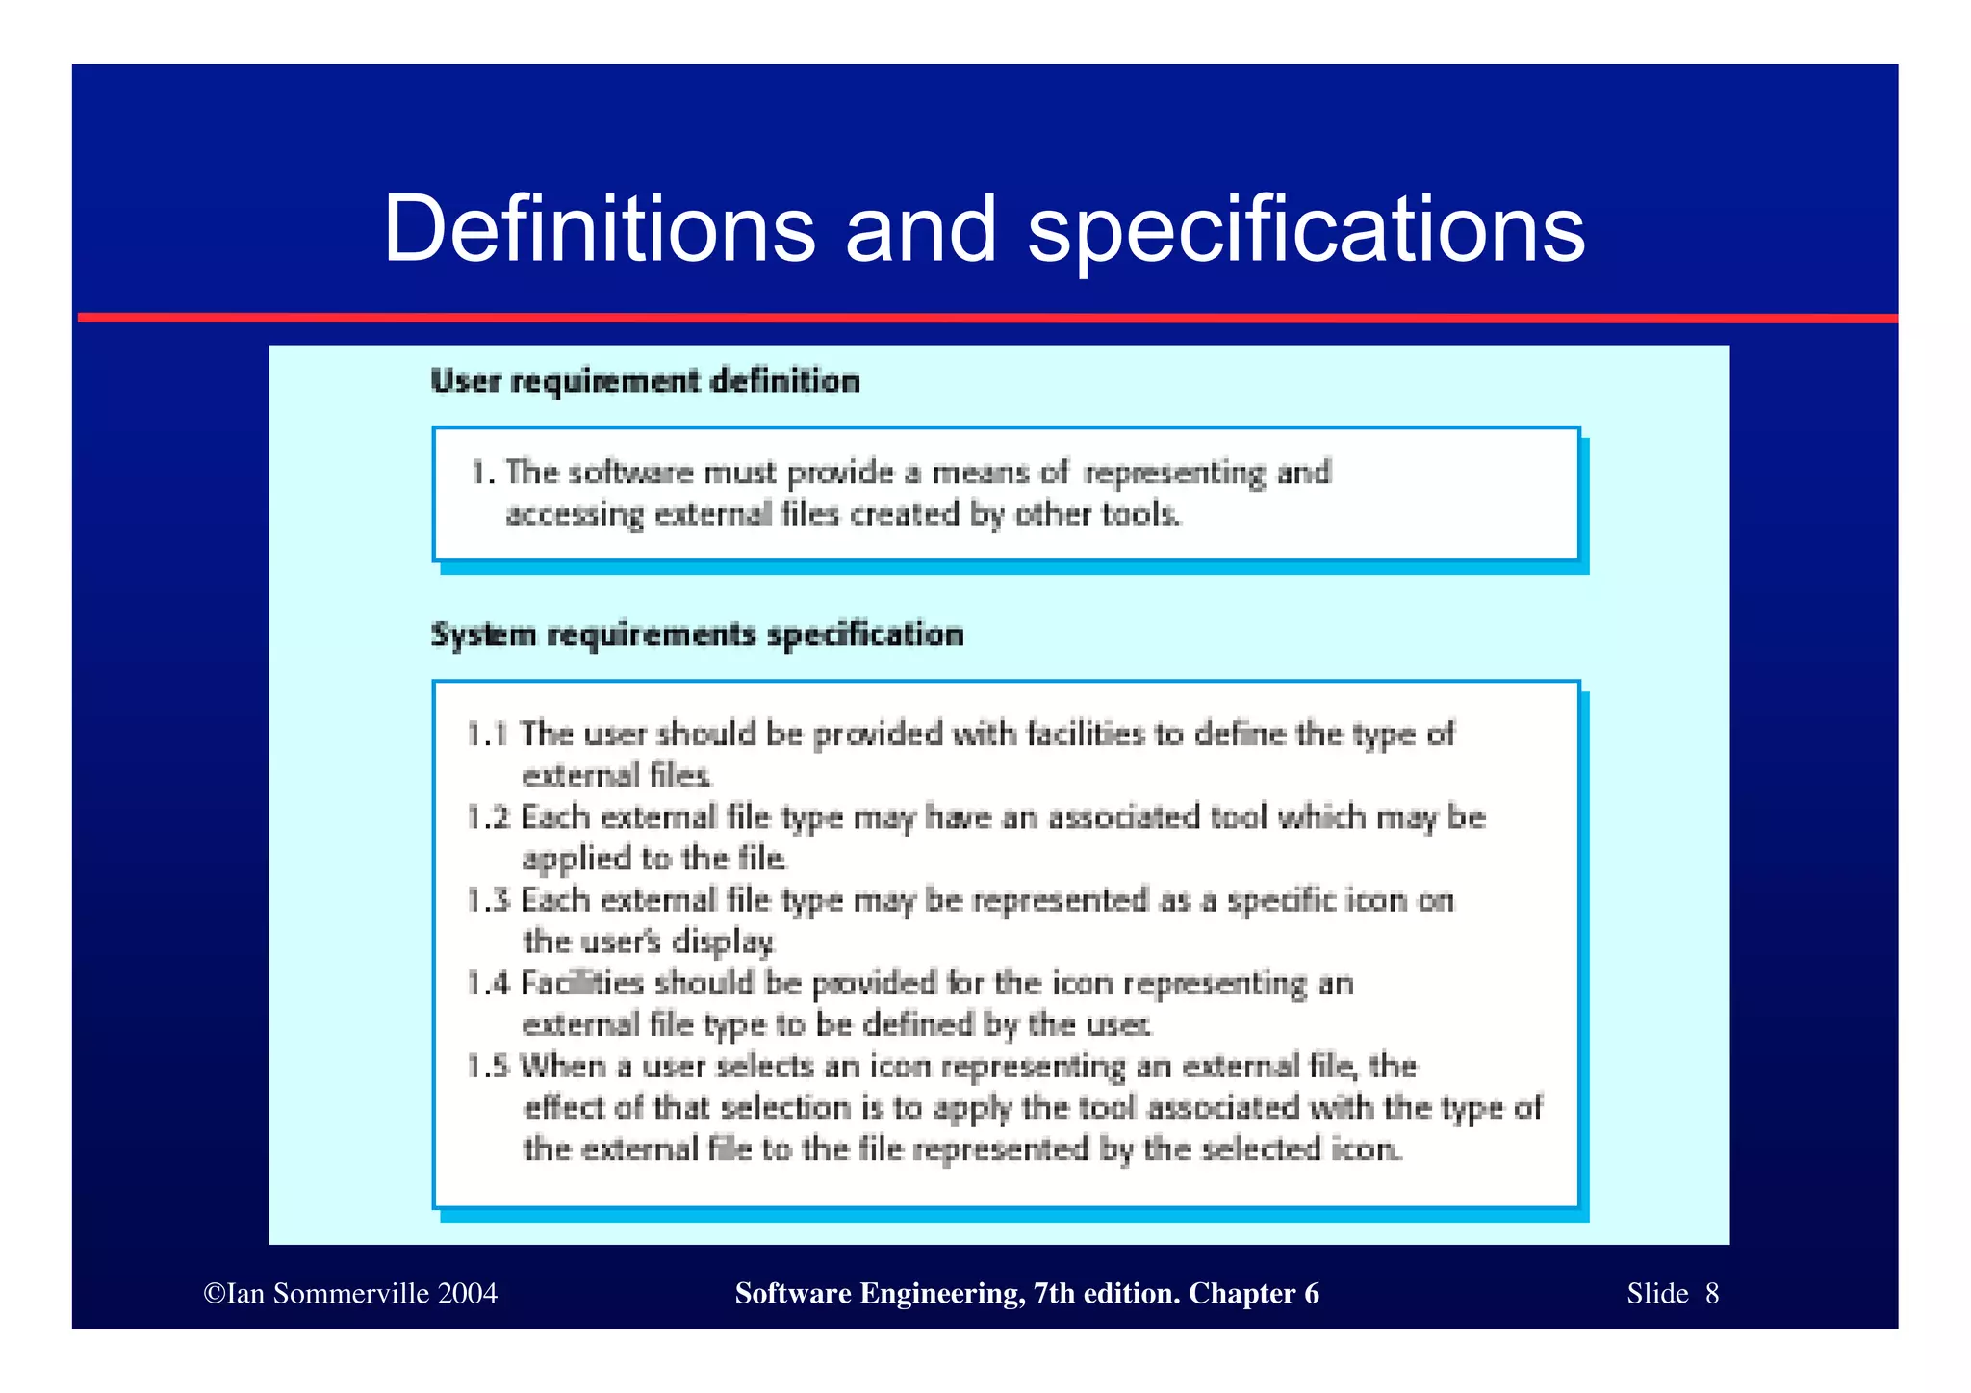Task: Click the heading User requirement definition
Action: pyautogui.click(x=645, y=381)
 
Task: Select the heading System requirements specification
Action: pyautogui.click(x=697, y=634)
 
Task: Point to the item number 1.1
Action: pyautogui.click(x=487, y=735)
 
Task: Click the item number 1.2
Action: pyautogui.click(x=487, y=817)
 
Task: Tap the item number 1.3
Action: pyautogui.click(x=487, y=900)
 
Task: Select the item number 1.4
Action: pyautogui.click(x=487, y=983)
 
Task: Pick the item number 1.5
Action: pyautogui.click(x=487, y=1067)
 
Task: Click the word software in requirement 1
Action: pyautogui.click(x=630, y=473)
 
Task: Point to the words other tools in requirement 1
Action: pyautogui.click(x=1097, y=514)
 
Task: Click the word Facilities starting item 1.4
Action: pyautogui.click(x=582, y=983)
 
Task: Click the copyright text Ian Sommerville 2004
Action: pyautogui.click(x=351, y=1293)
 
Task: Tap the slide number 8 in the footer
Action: pyautogui.click(x=1711, y=1293)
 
